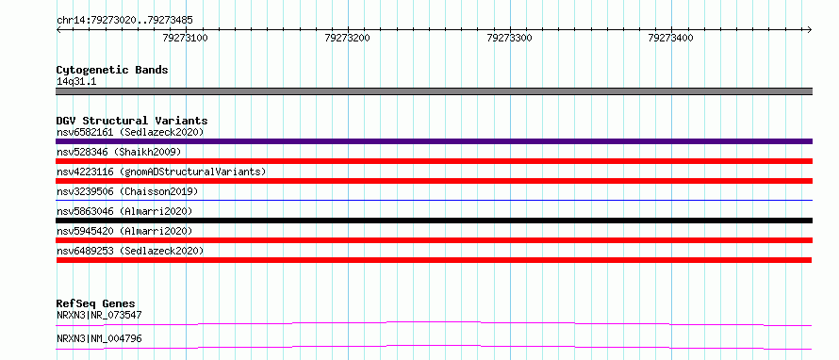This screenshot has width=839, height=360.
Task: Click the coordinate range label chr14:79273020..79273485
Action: coord(124,21)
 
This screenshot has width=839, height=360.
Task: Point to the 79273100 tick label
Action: coord(186,38)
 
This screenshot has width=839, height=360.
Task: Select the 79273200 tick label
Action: coord(347,38)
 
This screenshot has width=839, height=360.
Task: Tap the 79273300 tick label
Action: coord(509,38)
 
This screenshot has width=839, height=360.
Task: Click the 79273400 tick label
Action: coord(670,38)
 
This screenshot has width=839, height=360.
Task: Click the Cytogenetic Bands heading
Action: coord(112,70)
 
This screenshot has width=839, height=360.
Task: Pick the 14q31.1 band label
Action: coord(76,82)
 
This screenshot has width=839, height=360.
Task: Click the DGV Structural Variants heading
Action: coord(132,121)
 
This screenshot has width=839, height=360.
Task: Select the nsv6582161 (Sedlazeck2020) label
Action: coord(130,132)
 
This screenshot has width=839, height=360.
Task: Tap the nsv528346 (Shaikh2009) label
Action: coord(119,152)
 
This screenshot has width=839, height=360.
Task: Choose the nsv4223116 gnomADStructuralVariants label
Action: coord(161,172)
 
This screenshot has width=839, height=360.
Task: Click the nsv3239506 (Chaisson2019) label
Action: coord(127,191)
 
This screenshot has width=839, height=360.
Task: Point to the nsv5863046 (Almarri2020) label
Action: coord(124,211)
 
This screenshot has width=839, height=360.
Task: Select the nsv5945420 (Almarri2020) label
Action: coord(124,231)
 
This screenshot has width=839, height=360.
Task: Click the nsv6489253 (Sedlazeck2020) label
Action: coord(130,251)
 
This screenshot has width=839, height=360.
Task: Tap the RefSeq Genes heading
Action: coord(96,303)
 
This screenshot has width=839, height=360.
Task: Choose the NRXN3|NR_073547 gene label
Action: coord(99,315)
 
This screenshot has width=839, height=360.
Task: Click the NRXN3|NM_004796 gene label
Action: coord(99,338)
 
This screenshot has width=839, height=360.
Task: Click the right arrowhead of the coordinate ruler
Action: coord(810,29)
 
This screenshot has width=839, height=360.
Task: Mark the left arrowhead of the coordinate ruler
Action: coord(58,29)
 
